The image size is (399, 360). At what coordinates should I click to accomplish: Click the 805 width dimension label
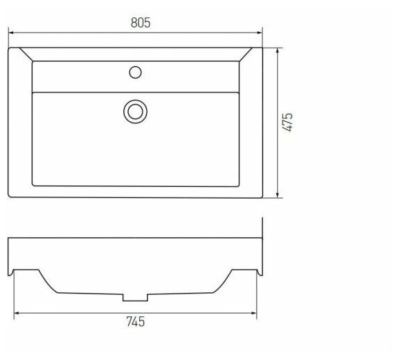point(141,23)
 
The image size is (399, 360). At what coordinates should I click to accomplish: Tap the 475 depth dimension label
point(287,122)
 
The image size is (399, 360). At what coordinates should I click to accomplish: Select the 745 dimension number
point(136,322)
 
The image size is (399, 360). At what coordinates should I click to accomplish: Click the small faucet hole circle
point(135,73)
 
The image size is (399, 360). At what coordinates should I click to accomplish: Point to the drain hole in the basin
point(135,111)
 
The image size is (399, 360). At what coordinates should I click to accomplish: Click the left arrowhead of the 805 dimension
point(11,33)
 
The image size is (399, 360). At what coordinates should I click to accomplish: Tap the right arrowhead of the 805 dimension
point(260,33)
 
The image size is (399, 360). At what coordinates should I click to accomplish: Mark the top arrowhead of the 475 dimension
point(277,51)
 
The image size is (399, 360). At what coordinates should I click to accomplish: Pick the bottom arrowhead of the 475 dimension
point(277,195)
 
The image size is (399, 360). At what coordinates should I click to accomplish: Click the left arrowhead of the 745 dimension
point(17,313)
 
